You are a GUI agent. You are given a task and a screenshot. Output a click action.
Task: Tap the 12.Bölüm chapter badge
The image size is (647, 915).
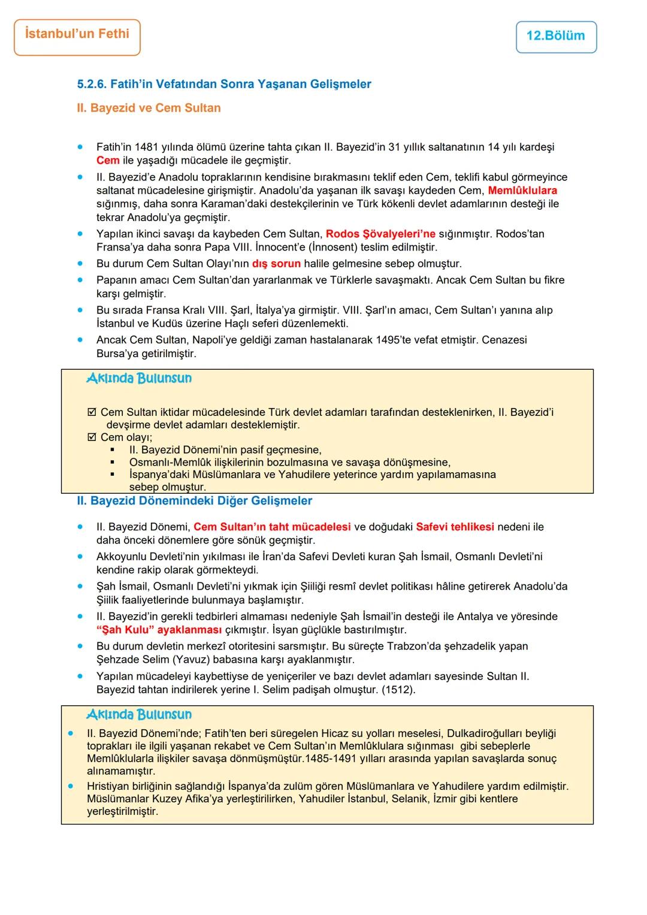click(x=555, y=36)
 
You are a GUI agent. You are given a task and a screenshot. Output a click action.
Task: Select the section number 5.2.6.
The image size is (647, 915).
click(x=92, y=84)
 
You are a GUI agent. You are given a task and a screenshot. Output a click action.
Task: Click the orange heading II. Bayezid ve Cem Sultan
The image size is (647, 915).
click(x=149, y=108)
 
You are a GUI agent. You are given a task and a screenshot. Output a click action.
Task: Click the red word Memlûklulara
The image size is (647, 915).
click(x=522, y=191)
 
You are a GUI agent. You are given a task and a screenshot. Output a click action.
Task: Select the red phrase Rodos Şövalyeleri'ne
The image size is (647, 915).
click(x=380, y=234)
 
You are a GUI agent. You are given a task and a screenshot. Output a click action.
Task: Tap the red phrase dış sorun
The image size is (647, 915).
click(x=276, y=264)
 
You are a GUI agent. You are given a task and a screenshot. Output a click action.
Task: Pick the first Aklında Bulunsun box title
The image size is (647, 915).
click(x=139, y=379)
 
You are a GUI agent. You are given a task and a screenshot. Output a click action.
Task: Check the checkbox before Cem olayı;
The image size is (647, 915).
click(x=92, y=437)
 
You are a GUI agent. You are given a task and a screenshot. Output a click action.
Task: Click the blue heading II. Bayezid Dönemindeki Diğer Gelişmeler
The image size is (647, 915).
click(x=194, y=501)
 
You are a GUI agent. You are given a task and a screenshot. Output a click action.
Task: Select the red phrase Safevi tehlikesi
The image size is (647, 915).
click(x=455, y=527)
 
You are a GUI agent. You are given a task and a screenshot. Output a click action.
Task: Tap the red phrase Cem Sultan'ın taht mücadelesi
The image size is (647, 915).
click(x=272, y=527)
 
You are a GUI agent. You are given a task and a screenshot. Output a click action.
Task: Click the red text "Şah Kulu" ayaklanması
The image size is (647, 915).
click(x=159, y=630)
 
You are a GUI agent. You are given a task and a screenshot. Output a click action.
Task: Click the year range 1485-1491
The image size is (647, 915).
click(x=331, y=759)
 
